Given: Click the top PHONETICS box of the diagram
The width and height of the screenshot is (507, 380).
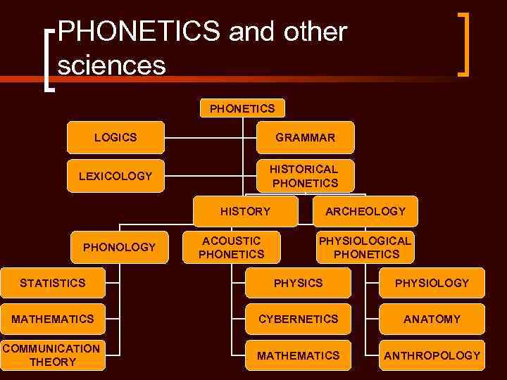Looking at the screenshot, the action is (x=242, y=108).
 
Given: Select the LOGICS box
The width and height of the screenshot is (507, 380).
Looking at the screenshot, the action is (x=115, y=137).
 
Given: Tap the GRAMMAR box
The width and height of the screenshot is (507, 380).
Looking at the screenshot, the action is (x=305, y=138).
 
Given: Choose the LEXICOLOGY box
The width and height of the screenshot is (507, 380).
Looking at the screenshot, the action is (x=115, y=176).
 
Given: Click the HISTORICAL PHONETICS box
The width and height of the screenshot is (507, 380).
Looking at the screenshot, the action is (x=305, y=176).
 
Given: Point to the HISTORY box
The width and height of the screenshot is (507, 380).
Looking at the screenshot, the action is (x=245, y=211).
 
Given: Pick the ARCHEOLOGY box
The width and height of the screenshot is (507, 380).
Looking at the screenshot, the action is (x=365, y=211).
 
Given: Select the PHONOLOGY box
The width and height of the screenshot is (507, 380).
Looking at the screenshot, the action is (x=118, y=247).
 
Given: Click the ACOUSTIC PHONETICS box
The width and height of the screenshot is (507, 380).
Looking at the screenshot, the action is (x=231, y=247).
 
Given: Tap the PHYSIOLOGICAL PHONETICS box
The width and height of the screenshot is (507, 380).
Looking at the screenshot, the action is (x=365, y=247).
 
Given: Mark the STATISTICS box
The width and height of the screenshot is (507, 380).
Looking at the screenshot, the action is (x=52, y=283).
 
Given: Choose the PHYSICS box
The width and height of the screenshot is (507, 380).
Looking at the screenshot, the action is (x=298, y=283).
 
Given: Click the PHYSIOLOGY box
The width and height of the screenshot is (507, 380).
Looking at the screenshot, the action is (x=431, y=283).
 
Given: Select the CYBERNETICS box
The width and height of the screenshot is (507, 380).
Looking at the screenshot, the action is (x=298, y=319).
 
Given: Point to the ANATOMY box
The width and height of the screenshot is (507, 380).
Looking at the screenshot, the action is (x=431, y=319).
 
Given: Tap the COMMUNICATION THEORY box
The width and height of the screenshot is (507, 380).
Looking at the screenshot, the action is (x=51, y=355).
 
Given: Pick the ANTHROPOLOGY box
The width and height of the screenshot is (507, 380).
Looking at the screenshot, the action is (x=431, y=355).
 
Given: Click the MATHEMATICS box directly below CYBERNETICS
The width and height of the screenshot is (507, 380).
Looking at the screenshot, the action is (x=298, y=355).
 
